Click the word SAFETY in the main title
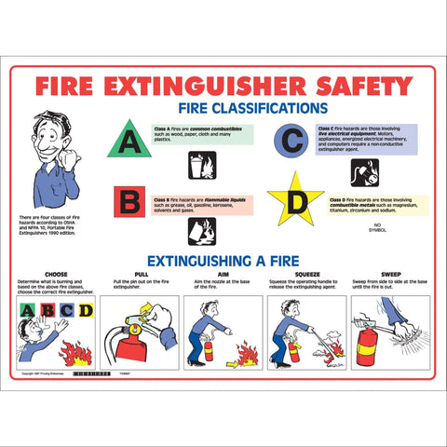coord(355,86)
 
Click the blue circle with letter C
coord(290,139)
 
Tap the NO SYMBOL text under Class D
coord(377,227)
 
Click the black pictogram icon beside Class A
coord(201,165)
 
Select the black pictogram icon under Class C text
coord(364,171)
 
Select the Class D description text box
coord(378,204)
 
